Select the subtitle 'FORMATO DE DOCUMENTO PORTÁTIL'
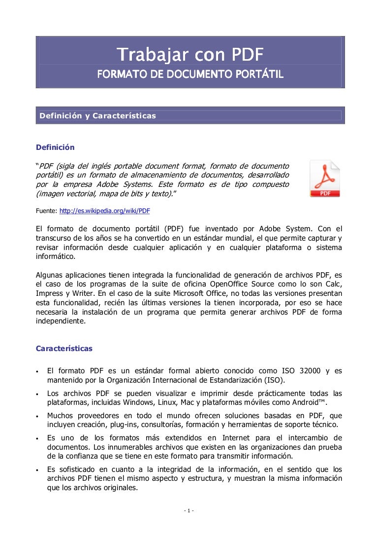189,74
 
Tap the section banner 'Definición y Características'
97,116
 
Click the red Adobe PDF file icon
324,178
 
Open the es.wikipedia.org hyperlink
104,211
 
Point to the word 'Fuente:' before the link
47,211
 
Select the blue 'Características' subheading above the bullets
64,348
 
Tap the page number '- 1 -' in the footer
189,510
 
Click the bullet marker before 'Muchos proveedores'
38,416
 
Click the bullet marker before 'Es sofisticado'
38,470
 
